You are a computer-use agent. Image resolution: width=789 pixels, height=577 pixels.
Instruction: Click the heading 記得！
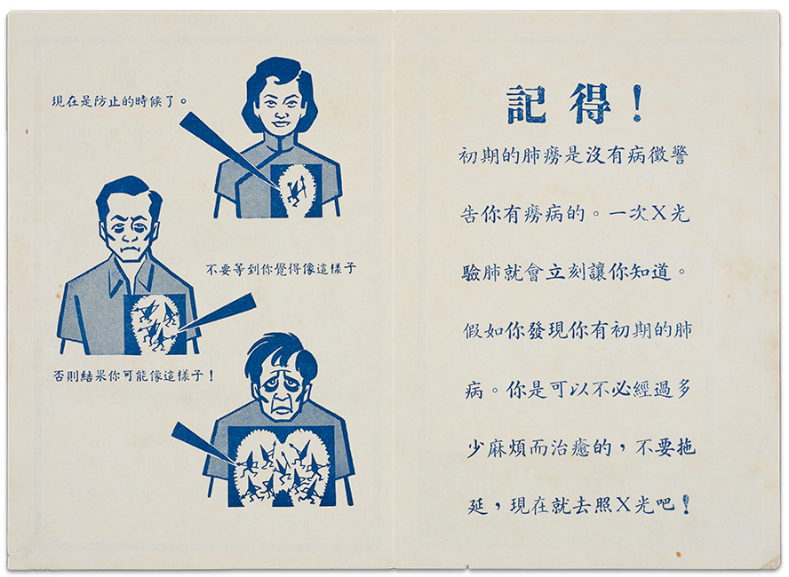click(x=575, y=104)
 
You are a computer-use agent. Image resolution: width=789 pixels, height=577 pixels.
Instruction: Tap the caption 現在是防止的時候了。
click(x=120, y=101)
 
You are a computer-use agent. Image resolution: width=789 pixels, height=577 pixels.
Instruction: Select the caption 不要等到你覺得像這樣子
click(x=281, y=269)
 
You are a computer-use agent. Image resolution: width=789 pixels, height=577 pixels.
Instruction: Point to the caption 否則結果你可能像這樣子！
click(x=134, y=375)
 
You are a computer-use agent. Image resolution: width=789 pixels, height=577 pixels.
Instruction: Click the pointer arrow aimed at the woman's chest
click(x=227, y=151)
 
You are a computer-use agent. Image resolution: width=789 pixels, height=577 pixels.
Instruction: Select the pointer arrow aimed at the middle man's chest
click(x=217, y=312)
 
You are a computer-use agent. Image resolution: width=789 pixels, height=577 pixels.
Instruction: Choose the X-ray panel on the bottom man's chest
click(x=282, y=466)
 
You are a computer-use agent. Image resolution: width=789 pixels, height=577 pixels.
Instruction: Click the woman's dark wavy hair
click(x=280, y=75)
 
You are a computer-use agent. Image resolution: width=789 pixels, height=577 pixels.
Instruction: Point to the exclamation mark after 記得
click(x=638, y=103)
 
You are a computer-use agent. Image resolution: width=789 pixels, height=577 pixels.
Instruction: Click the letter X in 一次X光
click(x=659, y=214)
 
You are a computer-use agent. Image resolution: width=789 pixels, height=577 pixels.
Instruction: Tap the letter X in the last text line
click(x=623, y=503)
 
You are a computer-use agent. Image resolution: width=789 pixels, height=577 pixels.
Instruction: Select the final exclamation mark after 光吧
click(x=686, y=504)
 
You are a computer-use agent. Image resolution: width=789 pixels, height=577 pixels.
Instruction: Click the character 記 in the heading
click(x=526, y=105)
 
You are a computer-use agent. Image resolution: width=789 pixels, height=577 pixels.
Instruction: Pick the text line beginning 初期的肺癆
click(x=573, y=156)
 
